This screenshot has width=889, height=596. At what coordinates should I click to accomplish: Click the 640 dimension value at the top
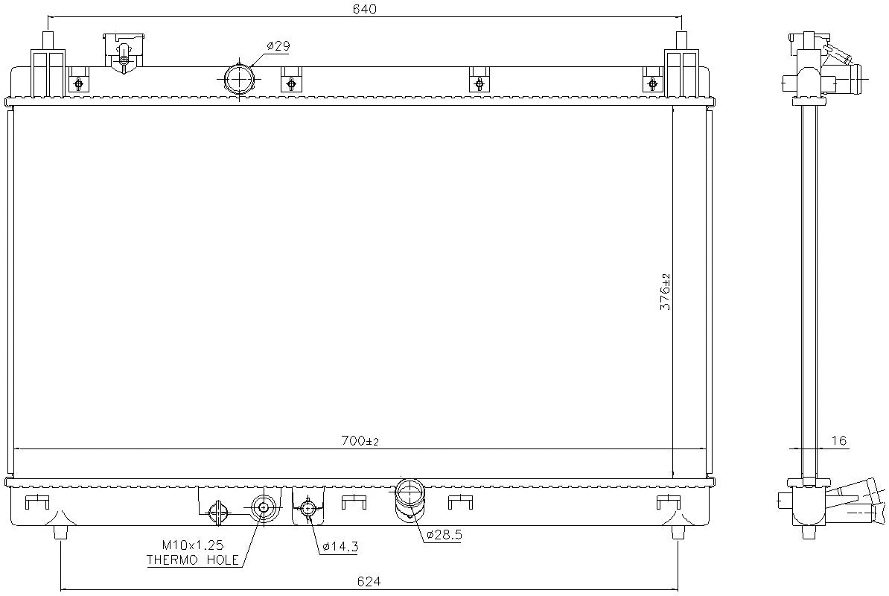(365, 9)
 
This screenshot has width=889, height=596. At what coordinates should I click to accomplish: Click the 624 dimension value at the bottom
(370, 580)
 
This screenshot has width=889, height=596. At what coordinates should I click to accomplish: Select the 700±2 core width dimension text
(361, 441)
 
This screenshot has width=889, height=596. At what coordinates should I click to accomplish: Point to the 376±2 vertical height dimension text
(666, 291)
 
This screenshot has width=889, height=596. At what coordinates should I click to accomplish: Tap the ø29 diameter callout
(278, 46)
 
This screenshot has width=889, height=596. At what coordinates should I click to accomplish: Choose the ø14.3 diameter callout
(340, 547)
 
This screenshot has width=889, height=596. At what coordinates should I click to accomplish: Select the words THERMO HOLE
(193, 559)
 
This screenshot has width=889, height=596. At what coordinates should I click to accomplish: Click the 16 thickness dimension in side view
(838, 441)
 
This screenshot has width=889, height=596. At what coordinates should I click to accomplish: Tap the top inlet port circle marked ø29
(238, 79)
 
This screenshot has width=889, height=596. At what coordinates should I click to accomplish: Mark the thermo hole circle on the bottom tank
(262, 508)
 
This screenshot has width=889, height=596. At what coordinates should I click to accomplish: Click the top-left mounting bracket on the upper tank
(48, 71)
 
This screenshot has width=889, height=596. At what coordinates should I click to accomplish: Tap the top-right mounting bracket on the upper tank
(681, 71)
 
